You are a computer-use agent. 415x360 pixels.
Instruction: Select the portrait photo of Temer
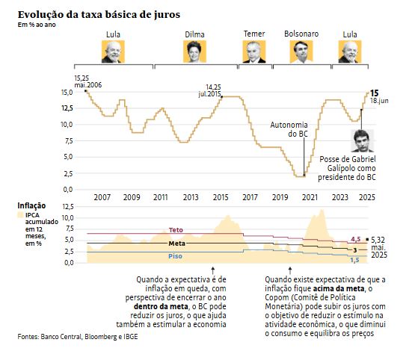pyautogui.click(x=254, y=52)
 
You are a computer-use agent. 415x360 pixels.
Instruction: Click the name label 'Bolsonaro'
pyautogui.click(x=302, y=34)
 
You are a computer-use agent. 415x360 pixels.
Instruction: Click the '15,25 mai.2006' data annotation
pyautogui.click(x=87, y=81)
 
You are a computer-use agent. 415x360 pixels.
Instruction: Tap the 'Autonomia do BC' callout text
pyautogui.click(x=288, y=128)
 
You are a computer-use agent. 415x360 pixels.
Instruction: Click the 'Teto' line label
pyautogui.click(x=176, y=230)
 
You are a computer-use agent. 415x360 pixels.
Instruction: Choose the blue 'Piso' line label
pyautogui.click(x=176, y=255)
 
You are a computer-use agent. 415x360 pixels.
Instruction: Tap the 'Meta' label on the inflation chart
pyautogui.click(x=176, y=243)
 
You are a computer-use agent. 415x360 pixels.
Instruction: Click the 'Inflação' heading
pyautogui.click(x=31, y=205)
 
